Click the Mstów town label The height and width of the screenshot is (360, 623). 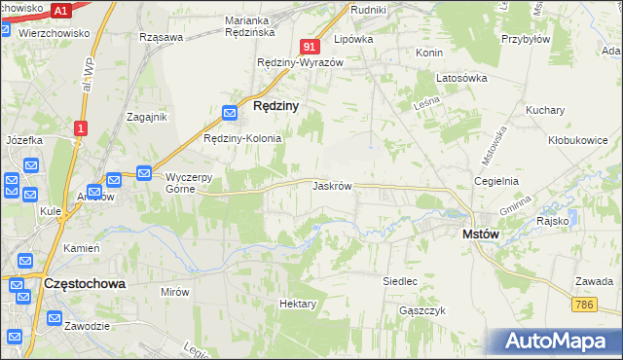pyautogui.click(x=480, y=234)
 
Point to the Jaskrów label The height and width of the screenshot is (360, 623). pyautogui.click(x=332, y=185)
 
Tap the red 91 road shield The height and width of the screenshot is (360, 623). pyautogui.click(x=310, y=47)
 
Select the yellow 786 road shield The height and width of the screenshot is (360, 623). pyautogui.click(x=584, y=305)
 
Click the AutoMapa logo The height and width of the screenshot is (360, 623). pyautogui.click(x=560, y=342)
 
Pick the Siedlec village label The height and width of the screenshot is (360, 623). pyautogui.click(x=400, y=280)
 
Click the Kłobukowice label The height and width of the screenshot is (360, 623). pyautogui.click(x=577, y=140)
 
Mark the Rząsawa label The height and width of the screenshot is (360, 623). pyautogui.click(x=162, y=37)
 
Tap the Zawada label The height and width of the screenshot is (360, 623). pyautogui.click(x=593, y=281)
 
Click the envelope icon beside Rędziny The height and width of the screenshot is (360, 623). pyautogui.click(x=231, y=113)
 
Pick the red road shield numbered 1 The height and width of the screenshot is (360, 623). pyautogui.click(x=81, y=127)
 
